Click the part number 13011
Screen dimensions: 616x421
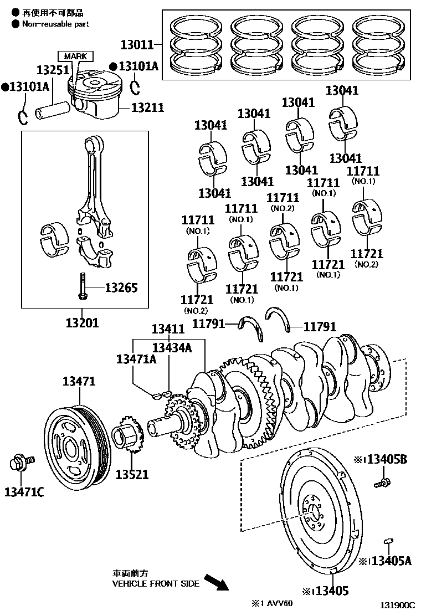[x=137, y=44]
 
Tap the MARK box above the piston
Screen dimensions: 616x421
[x=75, y=57]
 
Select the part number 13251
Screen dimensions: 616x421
[x=53, y=70]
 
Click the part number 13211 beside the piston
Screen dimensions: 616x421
[x=147, y=107]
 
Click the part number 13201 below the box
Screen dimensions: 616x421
[x=82, y=322]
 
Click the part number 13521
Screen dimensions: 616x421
[x=132, y=474]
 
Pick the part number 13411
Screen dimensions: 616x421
[x=168, y=329]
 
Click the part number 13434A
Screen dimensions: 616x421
[x=172, y=347]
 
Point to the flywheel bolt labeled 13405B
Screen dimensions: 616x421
[x=381, y=483]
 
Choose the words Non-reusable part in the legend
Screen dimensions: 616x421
[x=55, y=24]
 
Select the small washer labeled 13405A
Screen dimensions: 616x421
[x=388, y=541]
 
